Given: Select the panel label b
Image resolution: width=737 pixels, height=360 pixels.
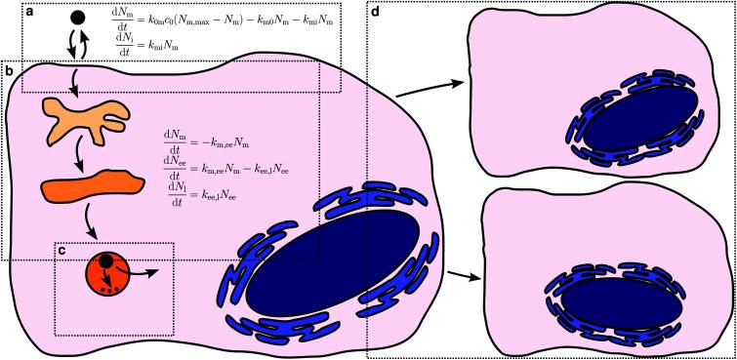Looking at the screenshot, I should point(9,71).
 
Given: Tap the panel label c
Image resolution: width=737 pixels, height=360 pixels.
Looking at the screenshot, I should point(61,250).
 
